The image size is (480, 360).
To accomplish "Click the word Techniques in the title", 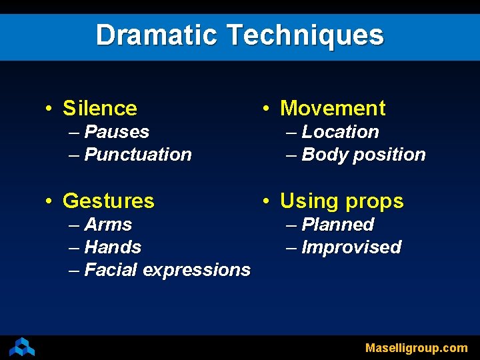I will click(305, 35).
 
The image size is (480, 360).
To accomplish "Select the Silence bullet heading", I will click(99, 108).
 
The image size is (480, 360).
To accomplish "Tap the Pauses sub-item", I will click(117, 132).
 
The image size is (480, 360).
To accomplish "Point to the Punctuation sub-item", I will click(138, 155).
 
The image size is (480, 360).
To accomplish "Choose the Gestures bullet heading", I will click(108, 201).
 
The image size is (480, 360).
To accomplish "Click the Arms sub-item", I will click(108, 225).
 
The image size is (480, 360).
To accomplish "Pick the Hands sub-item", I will click(113, 247).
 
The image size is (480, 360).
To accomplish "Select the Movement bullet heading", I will click(333, 108).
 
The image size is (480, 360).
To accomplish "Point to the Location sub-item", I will click(340, 132).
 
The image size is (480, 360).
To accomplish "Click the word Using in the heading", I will click(309, 201).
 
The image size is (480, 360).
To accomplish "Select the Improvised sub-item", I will click(351, 247).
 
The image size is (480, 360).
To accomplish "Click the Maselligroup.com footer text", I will click(416, 348).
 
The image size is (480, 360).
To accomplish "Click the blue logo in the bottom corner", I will click(22, 347).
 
